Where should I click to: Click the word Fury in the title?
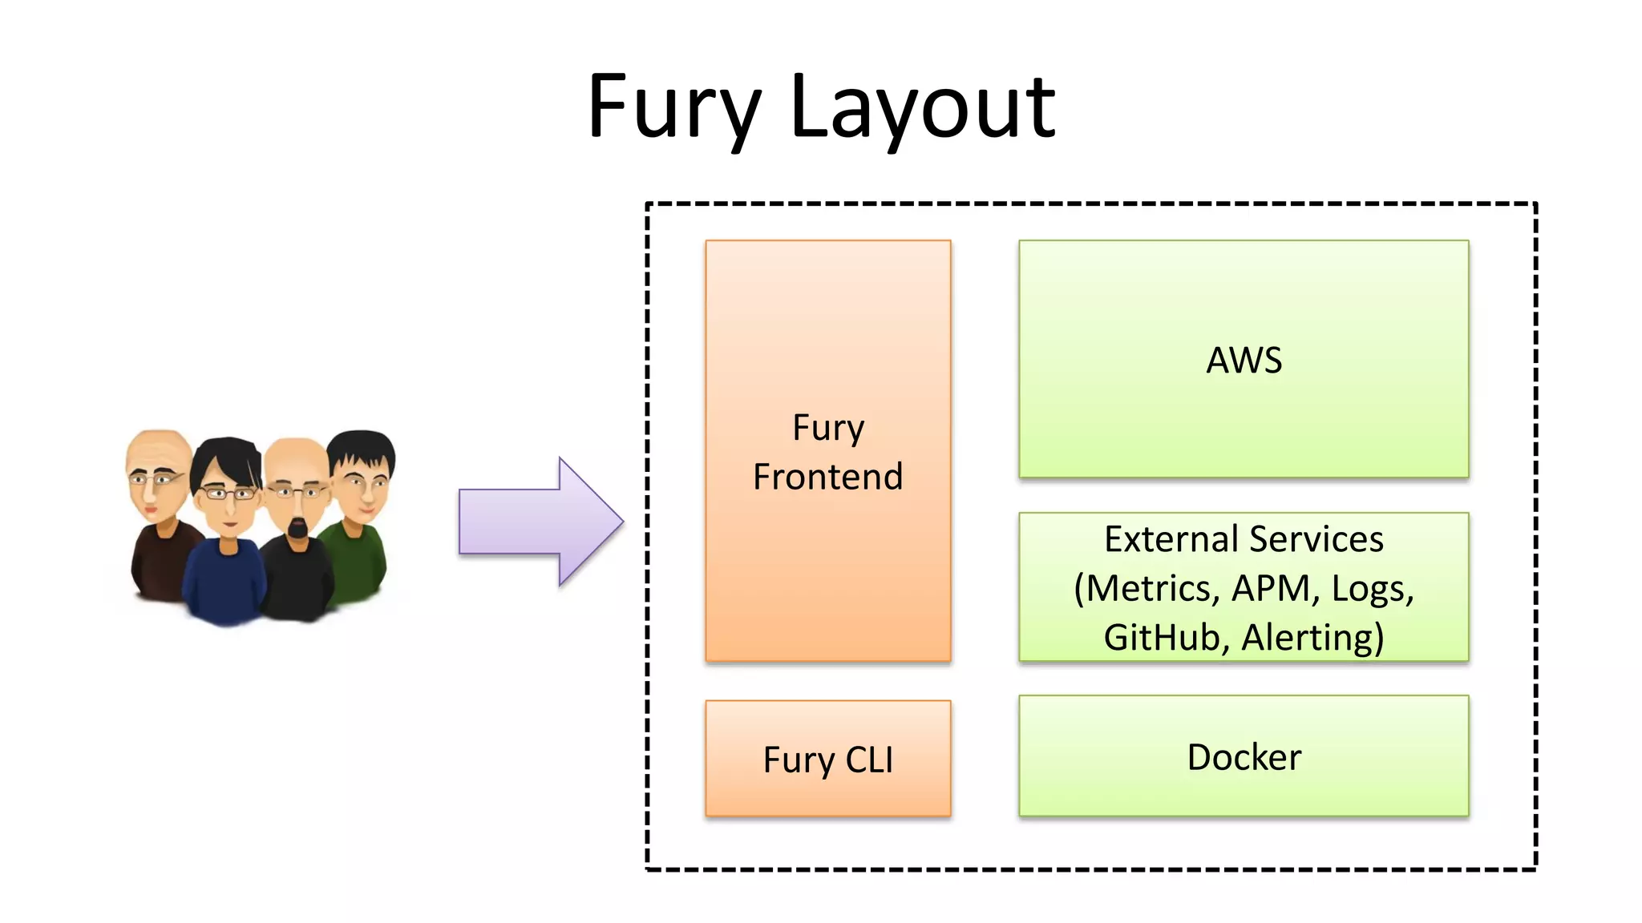coord(673,108)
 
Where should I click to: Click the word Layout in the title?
coord(922,108)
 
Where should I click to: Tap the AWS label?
coord(1244,361)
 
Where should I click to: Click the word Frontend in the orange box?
coord(827,477)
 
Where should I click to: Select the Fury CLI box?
coord(827,758)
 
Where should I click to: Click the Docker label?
coord(1244,757)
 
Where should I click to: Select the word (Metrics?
coord(1147,589)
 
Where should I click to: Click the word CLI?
coord(869,760)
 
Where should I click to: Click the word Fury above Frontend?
coord(827,428)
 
